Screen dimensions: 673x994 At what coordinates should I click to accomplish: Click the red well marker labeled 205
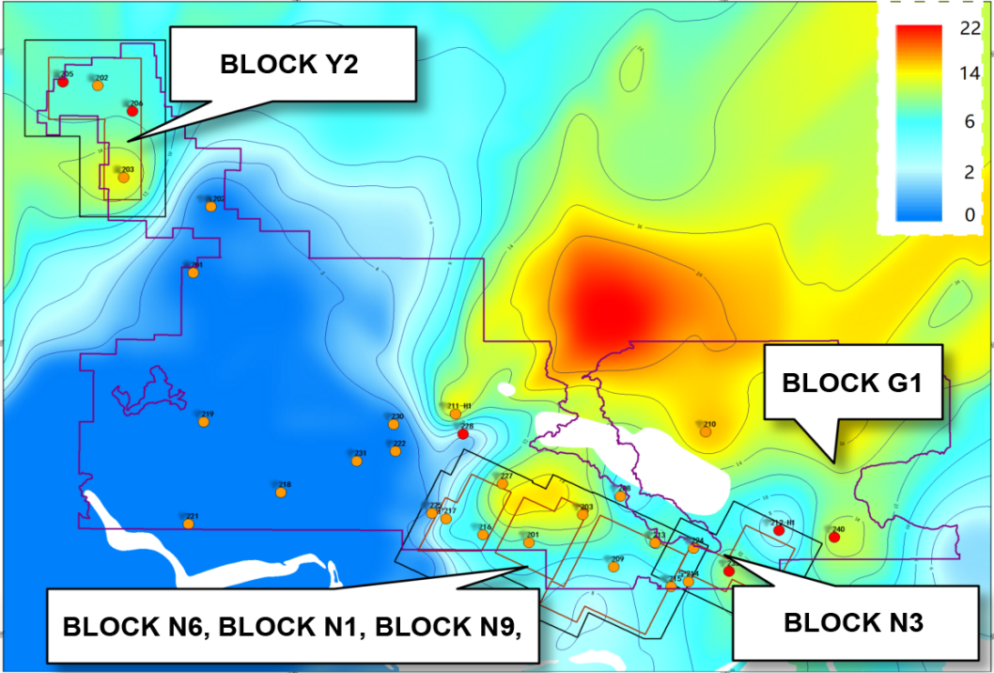[63, 82]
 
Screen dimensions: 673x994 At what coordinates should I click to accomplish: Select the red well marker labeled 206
[132, 111]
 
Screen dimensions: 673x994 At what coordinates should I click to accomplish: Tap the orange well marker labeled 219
[204, 422]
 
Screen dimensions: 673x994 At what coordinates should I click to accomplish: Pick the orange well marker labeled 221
[189, 524]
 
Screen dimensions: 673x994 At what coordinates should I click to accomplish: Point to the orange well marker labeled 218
[280, 492]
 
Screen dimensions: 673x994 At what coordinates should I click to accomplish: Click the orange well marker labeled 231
[357, 461]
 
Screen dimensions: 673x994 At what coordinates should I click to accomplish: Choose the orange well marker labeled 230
[393, 424]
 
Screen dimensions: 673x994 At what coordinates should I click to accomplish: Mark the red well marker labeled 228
[462, 433]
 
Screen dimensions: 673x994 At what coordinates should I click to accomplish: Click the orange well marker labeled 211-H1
[455, 414]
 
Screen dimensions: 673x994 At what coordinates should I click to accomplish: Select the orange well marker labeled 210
[706, 431]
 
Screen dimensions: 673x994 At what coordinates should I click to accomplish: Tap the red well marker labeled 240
[833, 537]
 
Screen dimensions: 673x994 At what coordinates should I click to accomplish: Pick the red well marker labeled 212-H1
[778, 531]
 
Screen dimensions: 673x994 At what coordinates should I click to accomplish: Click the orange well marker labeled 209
[614, 567]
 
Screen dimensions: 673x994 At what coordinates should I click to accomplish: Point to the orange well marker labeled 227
[503, 484]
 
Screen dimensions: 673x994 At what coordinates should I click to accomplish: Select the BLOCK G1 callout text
[853, 383]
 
